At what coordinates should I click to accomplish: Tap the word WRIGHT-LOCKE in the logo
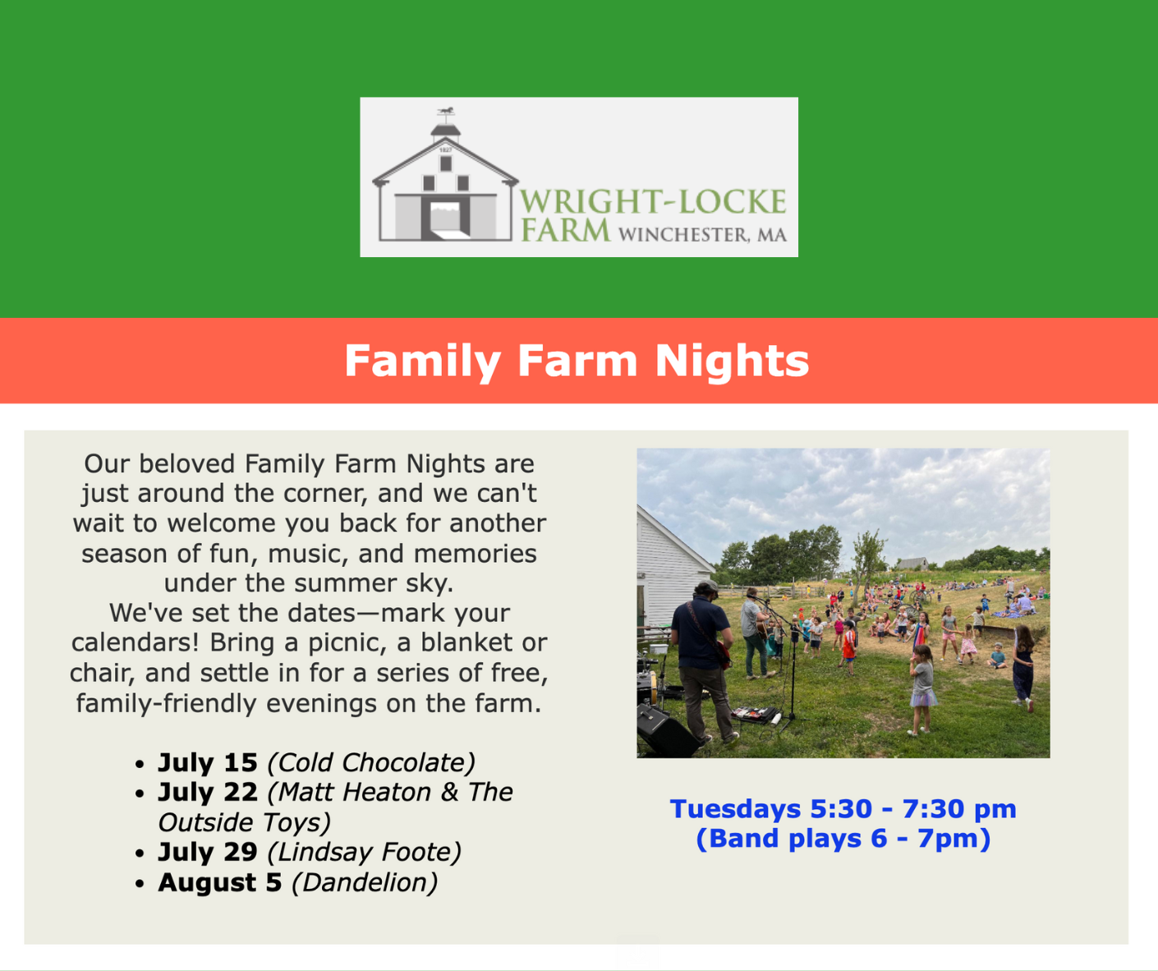point(653,201)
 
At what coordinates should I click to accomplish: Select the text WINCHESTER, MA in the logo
point(703,235)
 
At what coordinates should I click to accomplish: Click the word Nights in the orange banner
point(732,361)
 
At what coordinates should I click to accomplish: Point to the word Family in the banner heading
point(423,361)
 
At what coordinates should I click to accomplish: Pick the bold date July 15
point(208,762)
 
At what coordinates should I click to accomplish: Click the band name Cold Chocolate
point(371,763)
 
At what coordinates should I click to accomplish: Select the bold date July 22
point(208,793)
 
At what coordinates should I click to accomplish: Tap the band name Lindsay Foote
point(365,852)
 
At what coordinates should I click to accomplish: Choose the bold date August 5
point(220,883)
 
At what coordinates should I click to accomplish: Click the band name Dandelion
point(365,883)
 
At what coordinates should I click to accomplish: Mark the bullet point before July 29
point(140,854)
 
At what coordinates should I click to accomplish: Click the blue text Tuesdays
point(735,809)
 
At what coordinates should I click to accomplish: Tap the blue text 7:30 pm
point(959,809)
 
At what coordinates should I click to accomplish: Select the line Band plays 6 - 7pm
point(843,839)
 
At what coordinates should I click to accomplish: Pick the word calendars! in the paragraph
point(136,642)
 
